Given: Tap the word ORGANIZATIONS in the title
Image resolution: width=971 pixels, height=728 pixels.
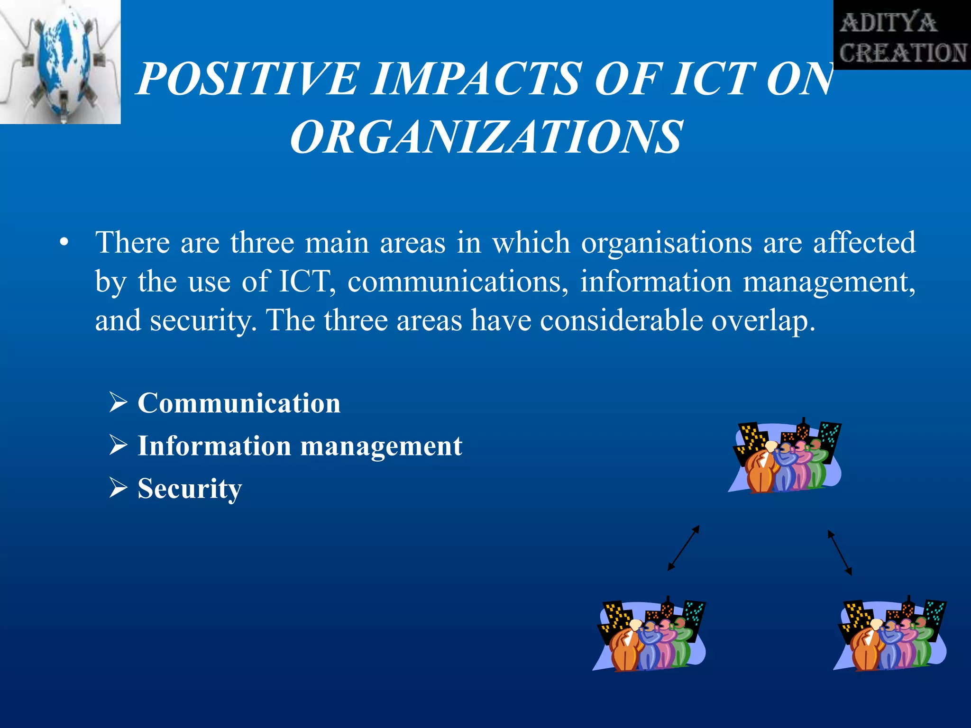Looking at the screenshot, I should click(x=486, y=137).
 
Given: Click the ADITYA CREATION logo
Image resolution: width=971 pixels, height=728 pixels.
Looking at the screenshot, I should click(x=902, y=35).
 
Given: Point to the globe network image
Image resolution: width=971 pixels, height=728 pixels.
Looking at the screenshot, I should click(x=60, y=62).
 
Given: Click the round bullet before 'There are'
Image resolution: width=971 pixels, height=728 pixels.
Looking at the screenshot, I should click(x=64, y=243).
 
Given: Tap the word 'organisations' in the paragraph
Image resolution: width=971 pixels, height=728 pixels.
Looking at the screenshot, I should click(x=667, y=243).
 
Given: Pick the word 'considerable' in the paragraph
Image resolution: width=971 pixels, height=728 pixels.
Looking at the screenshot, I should click(x=621, y=321).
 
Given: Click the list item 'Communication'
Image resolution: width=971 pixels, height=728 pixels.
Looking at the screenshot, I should click(x=239, y=403).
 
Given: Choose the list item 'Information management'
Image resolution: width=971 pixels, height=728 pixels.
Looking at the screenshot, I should click(x=300, y=446).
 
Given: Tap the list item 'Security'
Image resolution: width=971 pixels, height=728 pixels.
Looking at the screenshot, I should click(x=190, y=489).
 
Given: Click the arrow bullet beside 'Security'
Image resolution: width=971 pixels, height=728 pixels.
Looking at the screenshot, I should click(x=118, y=487).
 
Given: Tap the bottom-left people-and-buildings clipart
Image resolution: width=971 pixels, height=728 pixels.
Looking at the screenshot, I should click(x=650, y=635).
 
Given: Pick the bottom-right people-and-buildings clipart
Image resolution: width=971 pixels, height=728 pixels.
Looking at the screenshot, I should click(x=890, y=635).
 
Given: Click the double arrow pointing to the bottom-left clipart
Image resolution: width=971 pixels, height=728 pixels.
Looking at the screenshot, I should click(x=683, y=548).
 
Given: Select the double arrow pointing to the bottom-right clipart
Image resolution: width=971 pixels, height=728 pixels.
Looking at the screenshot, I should click(x=840, y=553).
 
